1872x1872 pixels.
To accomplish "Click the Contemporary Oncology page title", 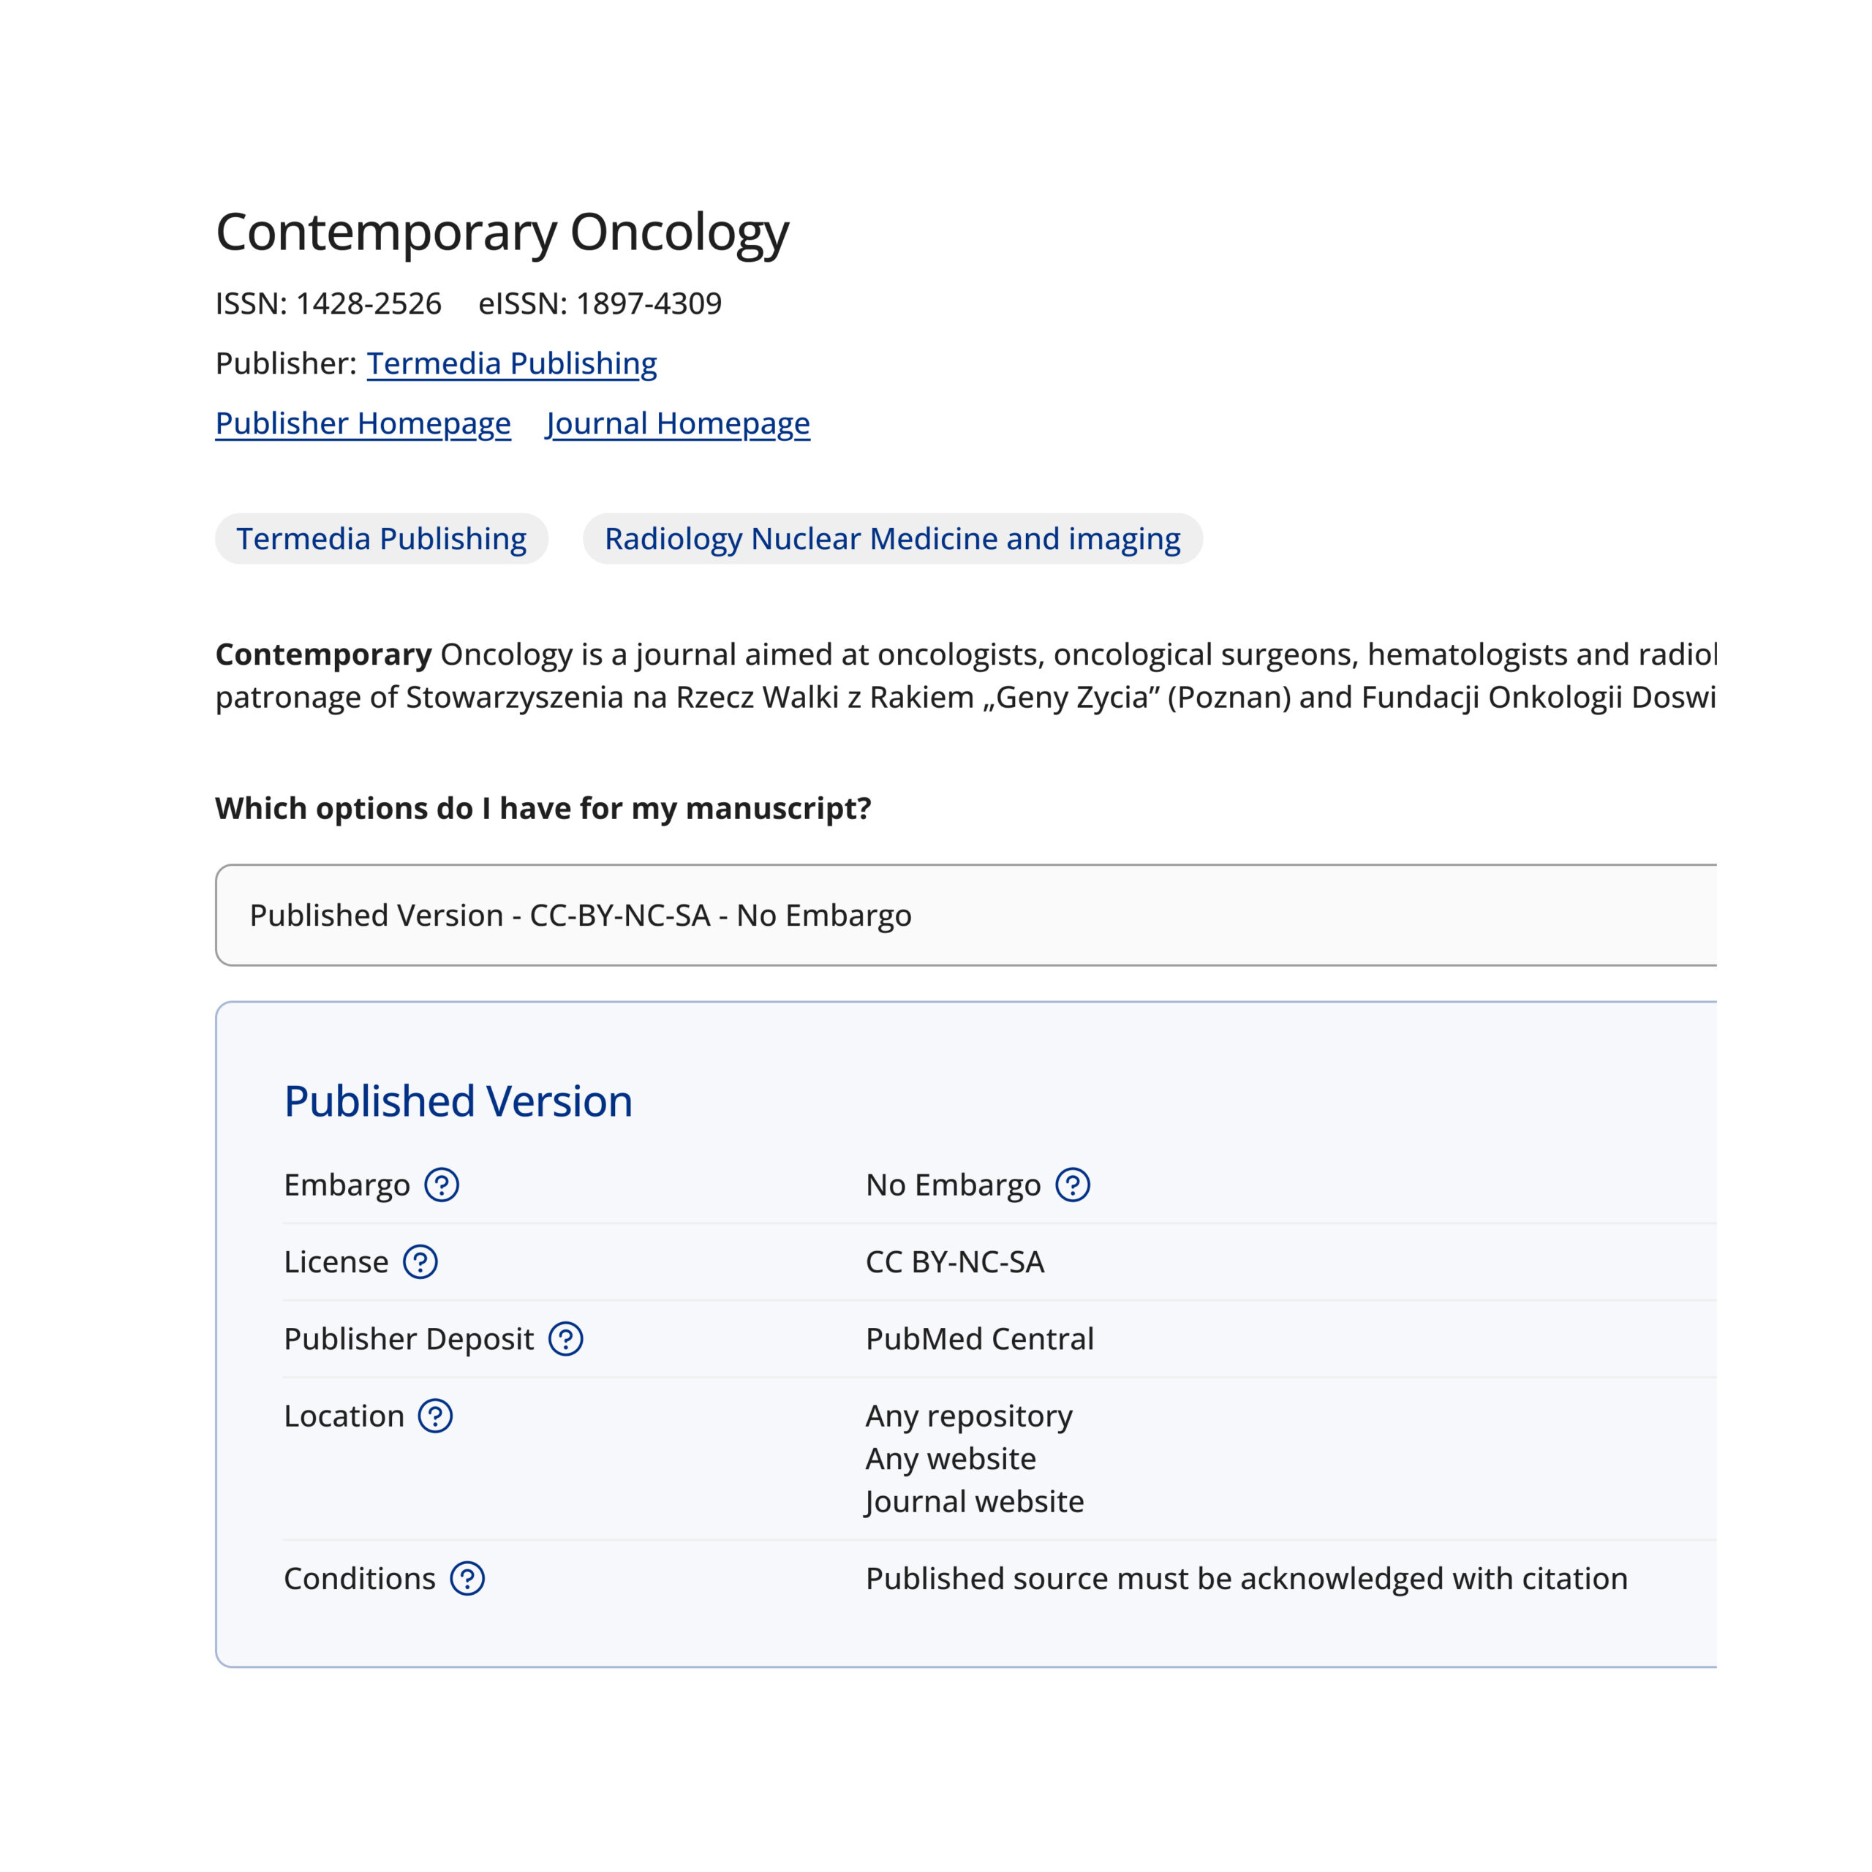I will (502, 233).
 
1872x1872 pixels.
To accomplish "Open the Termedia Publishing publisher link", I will (512, 363).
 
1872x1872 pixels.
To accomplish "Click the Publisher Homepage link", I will (363, 423).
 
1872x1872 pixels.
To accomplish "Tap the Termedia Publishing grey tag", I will (382, 539).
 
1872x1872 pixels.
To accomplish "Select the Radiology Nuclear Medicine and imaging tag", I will (892, 539).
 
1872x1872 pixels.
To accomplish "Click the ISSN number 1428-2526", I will (369, 304).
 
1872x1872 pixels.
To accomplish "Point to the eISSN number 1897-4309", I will (648, 304).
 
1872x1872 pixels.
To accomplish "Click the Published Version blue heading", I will (458, 1102).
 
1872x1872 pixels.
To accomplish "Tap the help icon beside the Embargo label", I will (442, 1185).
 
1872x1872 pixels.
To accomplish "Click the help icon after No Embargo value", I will (1073, 1185).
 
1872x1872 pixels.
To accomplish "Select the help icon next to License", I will (420, 1261).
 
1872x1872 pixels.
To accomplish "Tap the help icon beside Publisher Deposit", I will (566, 1339).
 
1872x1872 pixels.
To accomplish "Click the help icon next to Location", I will (435, 1416).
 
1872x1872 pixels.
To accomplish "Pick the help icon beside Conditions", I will (467, 1579).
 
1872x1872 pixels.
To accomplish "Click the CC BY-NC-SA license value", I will (954, 1261).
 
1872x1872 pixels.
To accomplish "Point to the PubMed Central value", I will (980, 1339).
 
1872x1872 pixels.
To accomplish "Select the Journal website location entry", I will (975, 1501).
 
